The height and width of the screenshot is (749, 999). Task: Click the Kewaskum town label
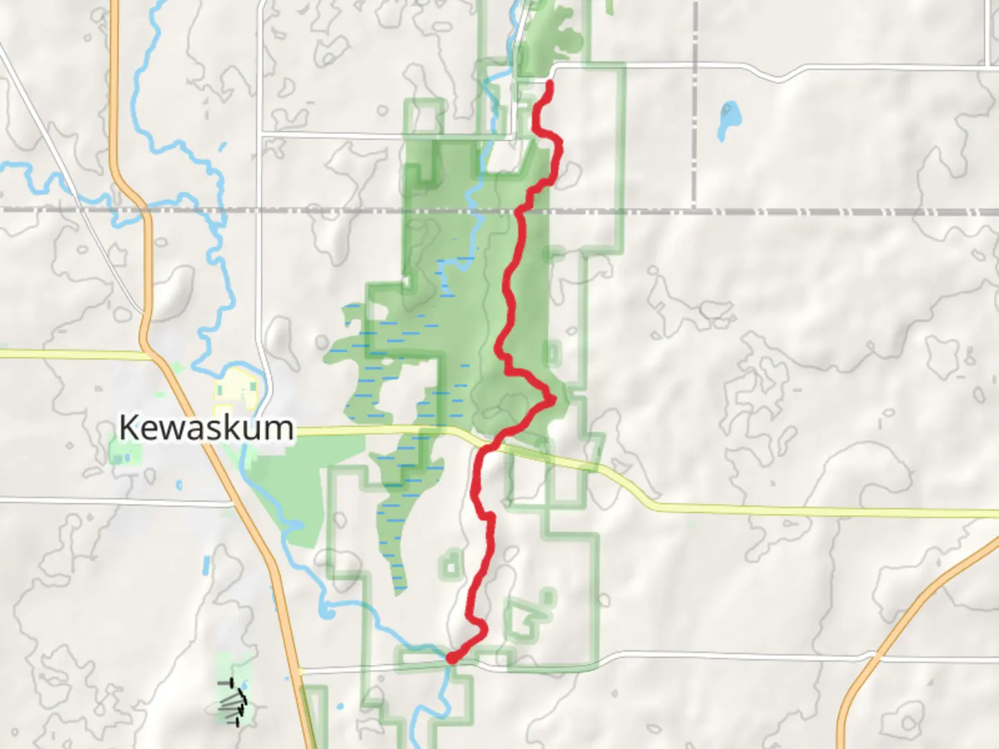click(x=206, y=427)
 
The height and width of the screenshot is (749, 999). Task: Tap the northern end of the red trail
click(x=550, y=84)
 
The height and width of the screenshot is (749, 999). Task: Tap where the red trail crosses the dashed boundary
click(x=520, y=209)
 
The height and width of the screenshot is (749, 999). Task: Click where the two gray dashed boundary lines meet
click(x=694, y=210)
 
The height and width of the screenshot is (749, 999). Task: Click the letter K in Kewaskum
click(x=128, y=427)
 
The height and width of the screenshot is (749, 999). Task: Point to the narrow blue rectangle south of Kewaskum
click(x=207, y=566)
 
